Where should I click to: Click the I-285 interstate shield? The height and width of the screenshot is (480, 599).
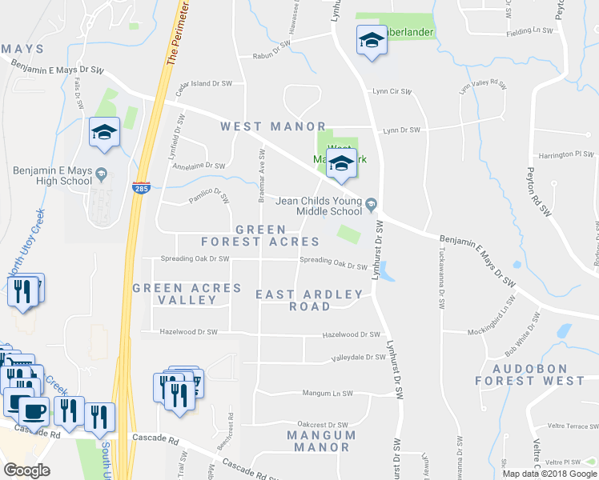(140, 187)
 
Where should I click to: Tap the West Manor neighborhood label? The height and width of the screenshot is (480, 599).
(273, 126)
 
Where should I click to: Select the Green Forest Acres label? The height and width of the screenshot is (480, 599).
(259, 235)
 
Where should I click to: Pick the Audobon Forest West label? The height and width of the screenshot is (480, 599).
(529, 374)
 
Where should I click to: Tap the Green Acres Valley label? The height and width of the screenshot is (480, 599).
(187, 294)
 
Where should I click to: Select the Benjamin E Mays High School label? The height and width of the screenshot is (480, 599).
(53, 176)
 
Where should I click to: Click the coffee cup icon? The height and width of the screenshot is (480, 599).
(33, 410)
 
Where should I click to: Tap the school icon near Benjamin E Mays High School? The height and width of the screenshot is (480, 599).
(104, 132)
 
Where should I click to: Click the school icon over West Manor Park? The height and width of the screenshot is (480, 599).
(341, 164)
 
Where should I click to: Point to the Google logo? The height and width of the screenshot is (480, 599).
(26, 470)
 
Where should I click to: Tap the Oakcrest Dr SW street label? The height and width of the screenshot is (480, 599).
(323, 425)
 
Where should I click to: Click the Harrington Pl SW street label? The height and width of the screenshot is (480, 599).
(565, 154)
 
